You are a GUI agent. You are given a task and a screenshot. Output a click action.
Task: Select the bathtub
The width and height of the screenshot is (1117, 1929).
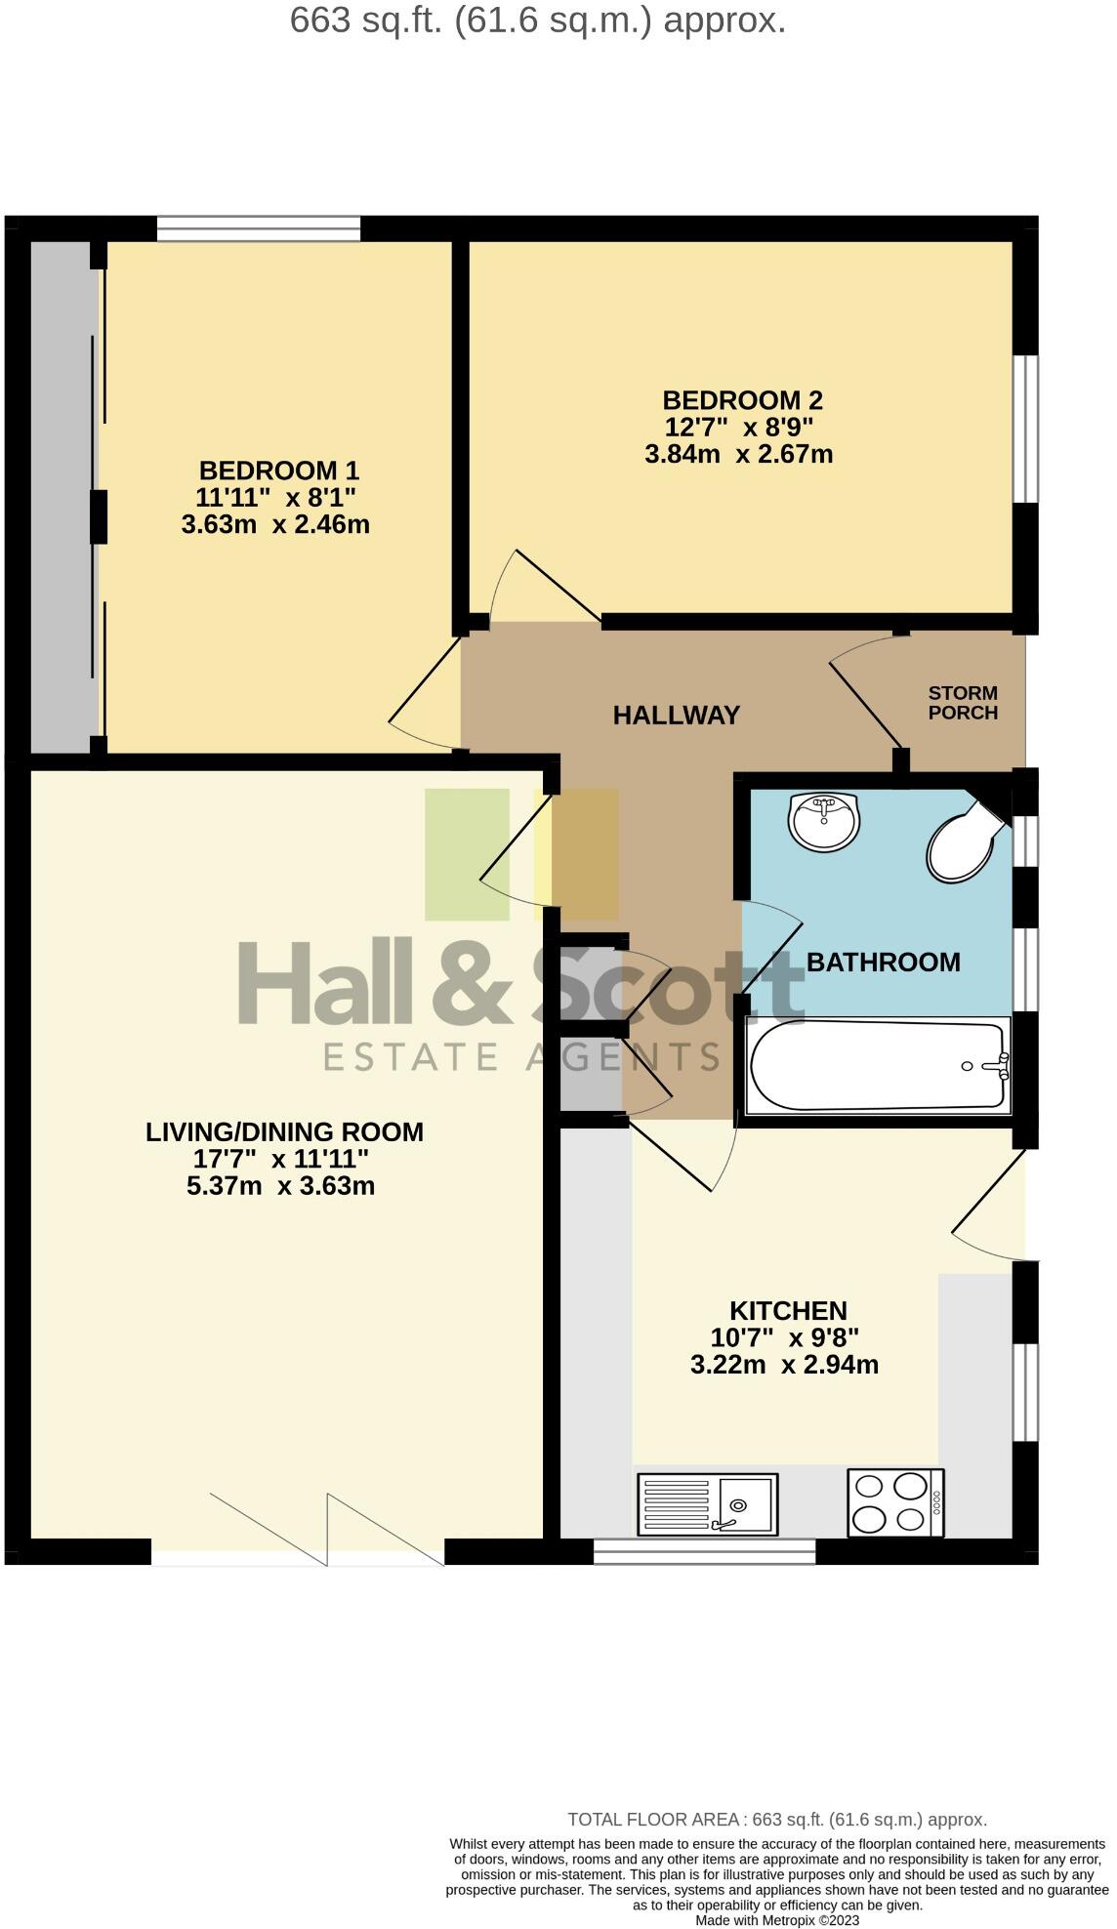877,1065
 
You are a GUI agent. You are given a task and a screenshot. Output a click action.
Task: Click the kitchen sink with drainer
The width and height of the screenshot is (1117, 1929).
707,1503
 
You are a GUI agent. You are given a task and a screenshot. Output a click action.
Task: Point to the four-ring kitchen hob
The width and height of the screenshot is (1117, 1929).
894,1502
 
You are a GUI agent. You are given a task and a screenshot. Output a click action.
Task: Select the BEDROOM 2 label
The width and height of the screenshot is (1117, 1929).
742,400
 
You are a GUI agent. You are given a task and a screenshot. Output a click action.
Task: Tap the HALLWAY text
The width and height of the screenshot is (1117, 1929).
676,716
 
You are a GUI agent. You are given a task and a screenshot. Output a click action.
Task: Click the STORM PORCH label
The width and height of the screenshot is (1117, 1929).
963,703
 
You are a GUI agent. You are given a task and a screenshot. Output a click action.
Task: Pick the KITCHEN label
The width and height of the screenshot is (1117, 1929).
788,1310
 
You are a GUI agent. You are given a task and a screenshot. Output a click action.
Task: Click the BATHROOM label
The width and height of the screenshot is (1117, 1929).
883,963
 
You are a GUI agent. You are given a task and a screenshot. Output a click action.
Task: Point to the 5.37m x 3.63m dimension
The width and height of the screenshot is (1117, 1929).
280,1186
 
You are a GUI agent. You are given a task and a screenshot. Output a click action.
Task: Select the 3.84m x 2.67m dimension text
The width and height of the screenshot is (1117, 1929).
738,454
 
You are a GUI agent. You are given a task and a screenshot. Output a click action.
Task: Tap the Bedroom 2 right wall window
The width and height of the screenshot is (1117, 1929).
1024,429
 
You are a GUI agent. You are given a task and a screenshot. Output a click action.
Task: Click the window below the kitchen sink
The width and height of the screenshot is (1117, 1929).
704,1551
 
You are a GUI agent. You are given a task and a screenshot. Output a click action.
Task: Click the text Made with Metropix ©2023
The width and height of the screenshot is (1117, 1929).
777,1919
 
